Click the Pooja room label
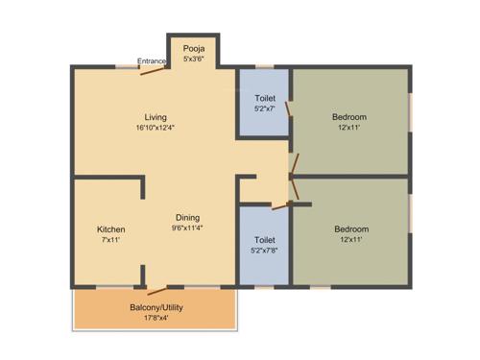click(x=195, y=47)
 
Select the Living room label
click(x=156, y=116)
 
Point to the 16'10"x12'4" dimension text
click(x=156, y=128)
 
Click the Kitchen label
click(x=111, y=229)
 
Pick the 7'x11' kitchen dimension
click(x=111, y=241)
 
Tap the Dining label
click(x=187, y=217)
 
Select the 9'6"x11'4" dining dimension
click(x=187, y=228)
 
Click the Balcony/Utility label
click(x=156, y=307)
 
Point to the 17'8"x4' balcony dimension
click(x=156, y=319)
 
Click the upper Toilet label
click(x=265, y=98)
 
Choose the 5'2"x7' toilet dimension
click(x=265, y=109)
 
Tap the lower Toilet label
click(x=265, y=239)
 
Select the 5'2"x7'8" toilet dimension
click(x=265, y=251)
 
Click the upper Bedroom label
click(x=349, y=117)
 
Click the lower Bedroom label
click(x=350, y=229)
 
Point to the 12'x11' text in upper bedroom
click(x=349, y=129)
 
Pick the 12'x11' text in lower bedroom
click(x=350, y=241)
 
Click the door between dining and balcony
click(x=156, y=286)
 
